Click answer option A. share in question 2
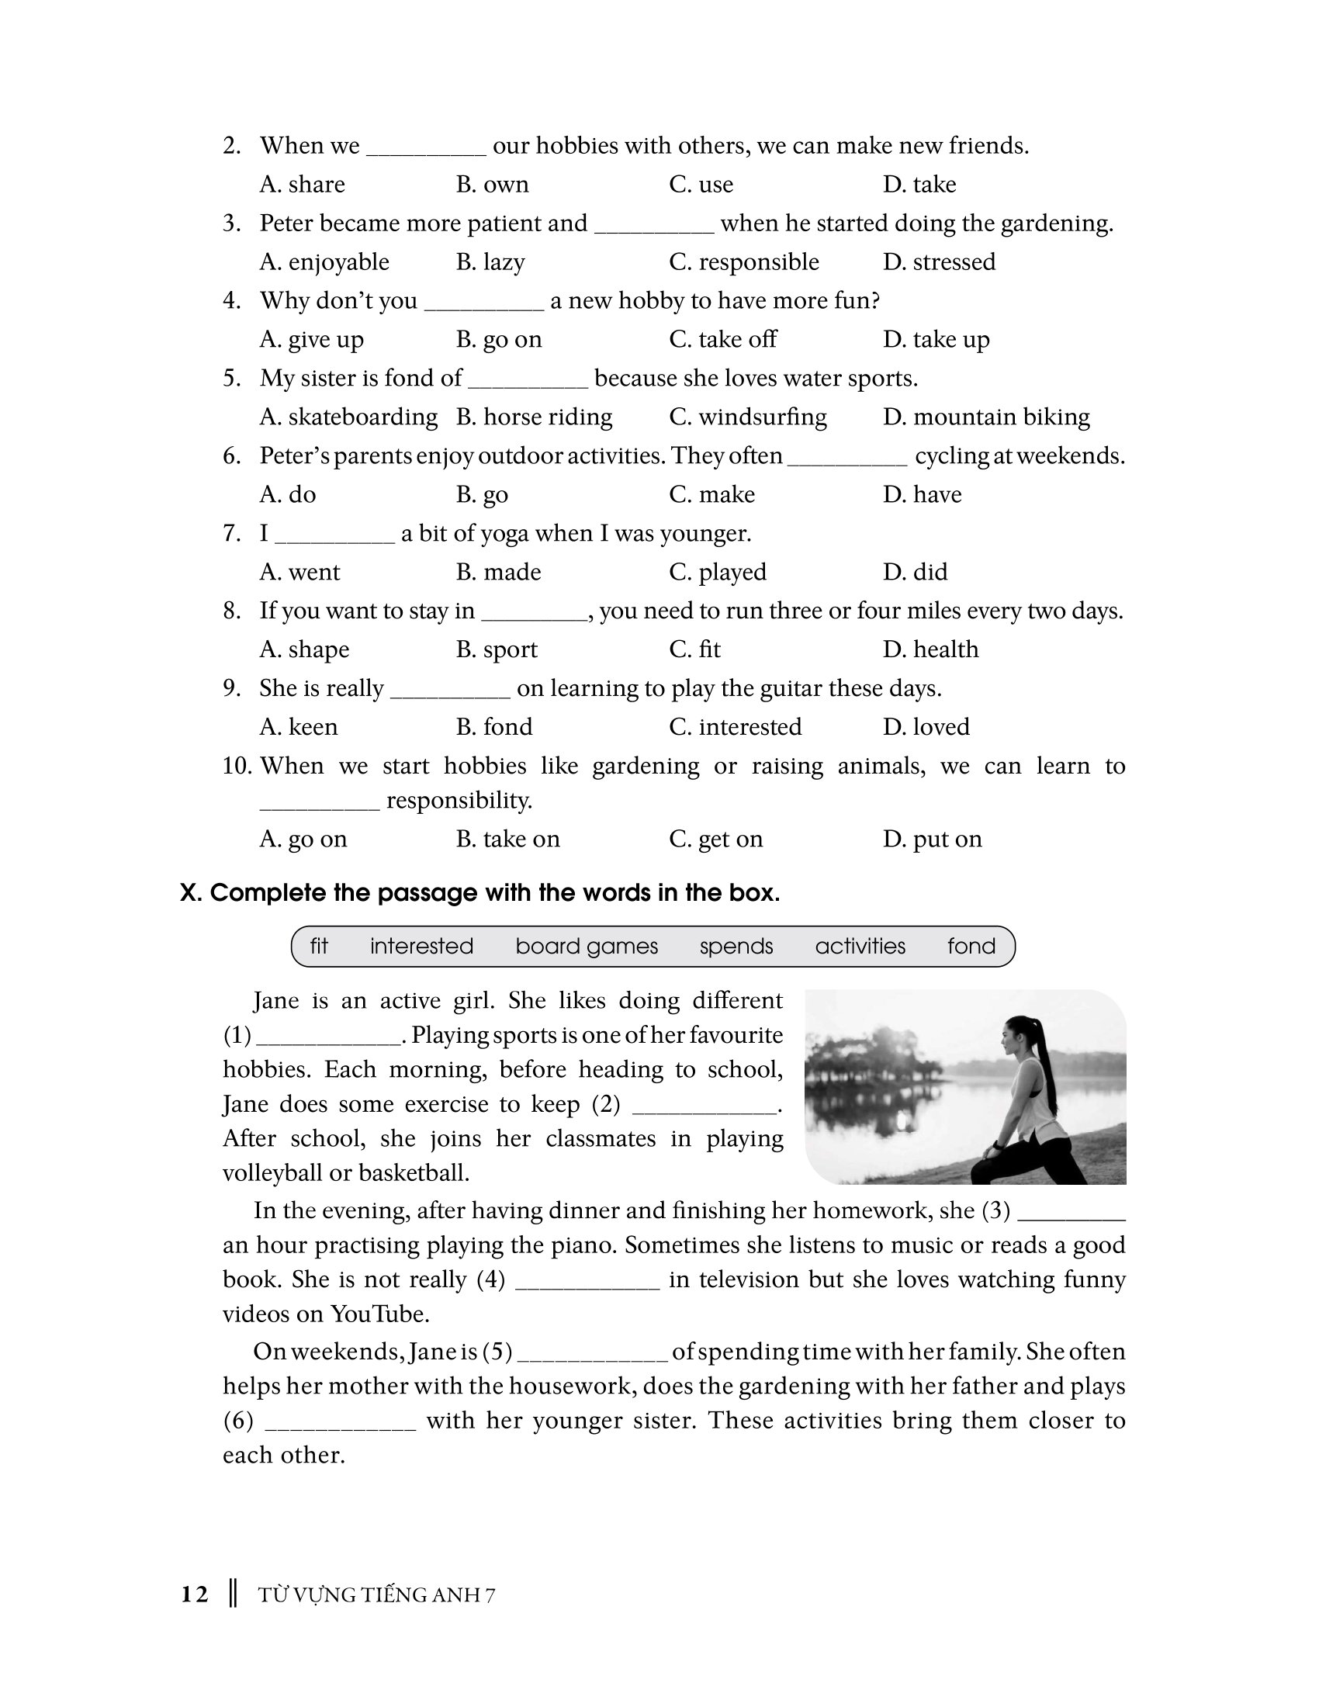click(302, 185)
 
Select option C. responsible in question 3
click(743, 261)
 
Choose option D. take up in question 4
click(936, 339)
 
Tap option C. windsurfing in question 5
click(747, 417)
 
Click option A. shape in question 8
click(304, 649)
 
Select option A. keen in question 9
click(299, 727)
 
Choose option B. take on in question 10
click(507, 840)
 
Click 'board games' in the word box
click(586, 947)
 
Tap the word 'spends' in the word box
click(736, 947)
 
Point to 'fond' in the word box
click(971, 947)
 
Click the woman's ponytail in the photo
click(1051, 1071)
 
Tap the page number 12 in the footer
click(195, 1594)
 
